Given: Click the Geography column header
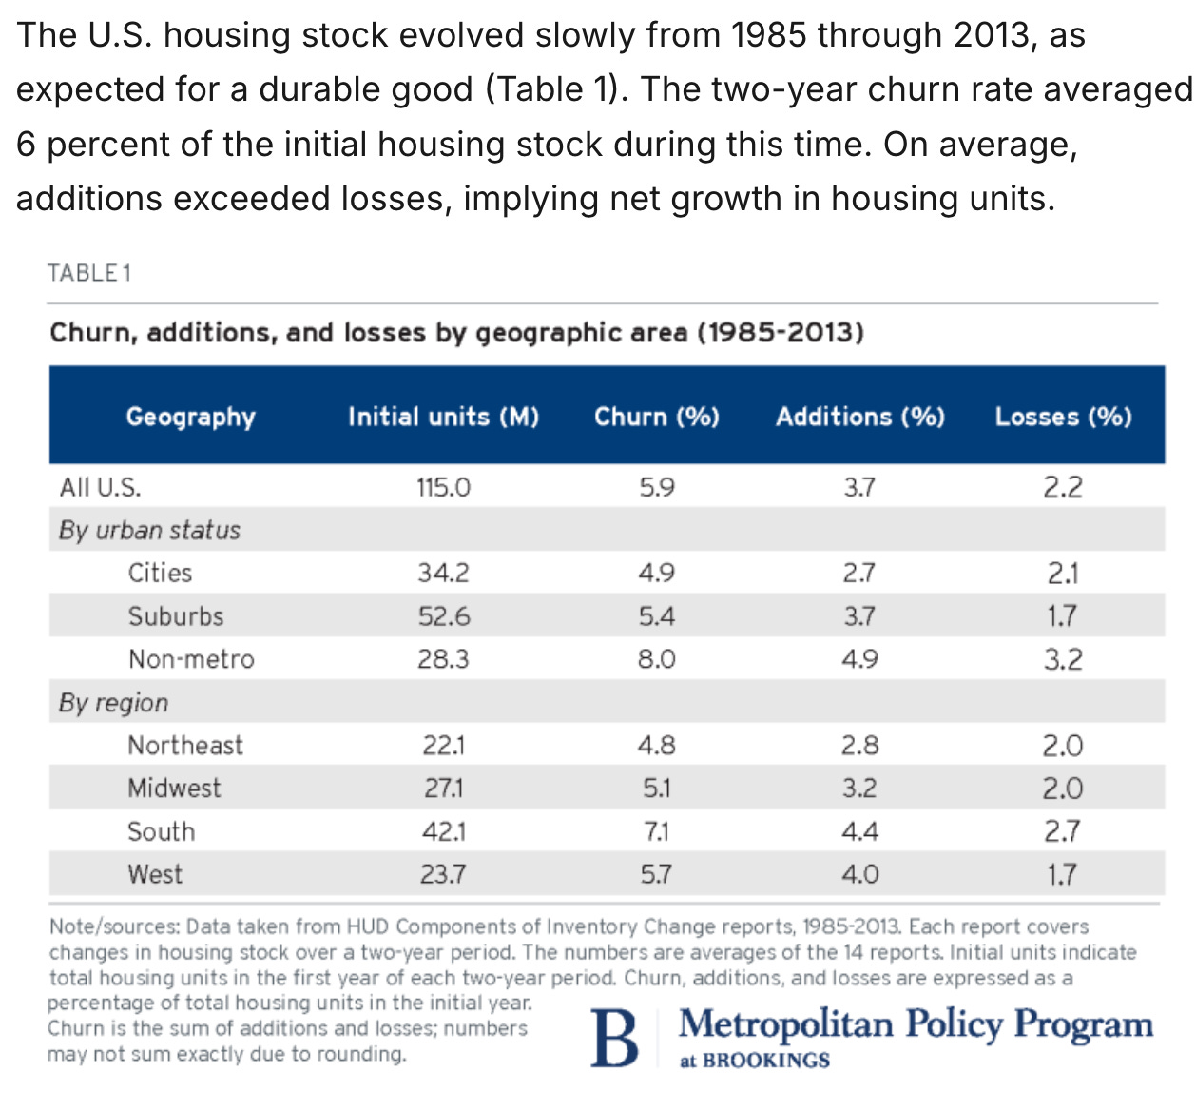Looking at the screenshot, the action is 191,418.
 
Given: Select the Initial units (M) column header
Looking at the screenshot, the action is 444,417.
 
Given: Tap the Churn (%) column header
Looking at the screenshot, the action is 657,417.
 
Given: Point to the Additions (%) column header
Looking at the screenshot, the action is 860,417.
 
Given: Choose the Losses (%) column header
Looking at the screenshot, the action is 1064,417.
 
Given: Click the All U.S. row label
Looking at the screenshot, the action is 100,487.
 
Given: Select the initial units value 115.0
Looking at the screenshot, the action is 444,487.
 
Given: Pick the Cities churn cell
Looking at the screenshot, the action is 657,573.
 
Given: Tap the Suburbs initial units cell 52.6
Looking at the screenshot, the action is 444,616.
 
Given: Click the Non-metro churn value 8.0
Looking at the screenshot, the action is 657,659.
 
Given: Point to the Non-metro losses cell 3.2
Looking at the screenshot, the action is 1064,659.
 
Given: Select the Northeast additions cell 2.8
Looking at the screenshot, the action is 860,746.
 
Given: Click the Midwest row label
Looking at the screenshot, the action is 174,789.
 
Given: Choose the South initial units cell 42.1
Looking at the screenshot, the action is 444,832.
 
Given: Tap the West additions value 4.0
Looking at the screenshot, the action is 860,874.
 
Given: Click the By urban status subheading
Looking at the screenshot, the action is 149,531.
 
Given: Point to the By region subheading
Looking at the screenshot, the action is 113,703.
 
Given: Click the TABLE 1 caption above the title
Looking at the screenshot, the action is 89,273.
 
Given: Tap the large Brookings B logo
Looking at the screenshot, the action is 614,1038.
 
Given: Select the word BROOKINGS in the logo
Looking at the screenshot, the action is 766,1061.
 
